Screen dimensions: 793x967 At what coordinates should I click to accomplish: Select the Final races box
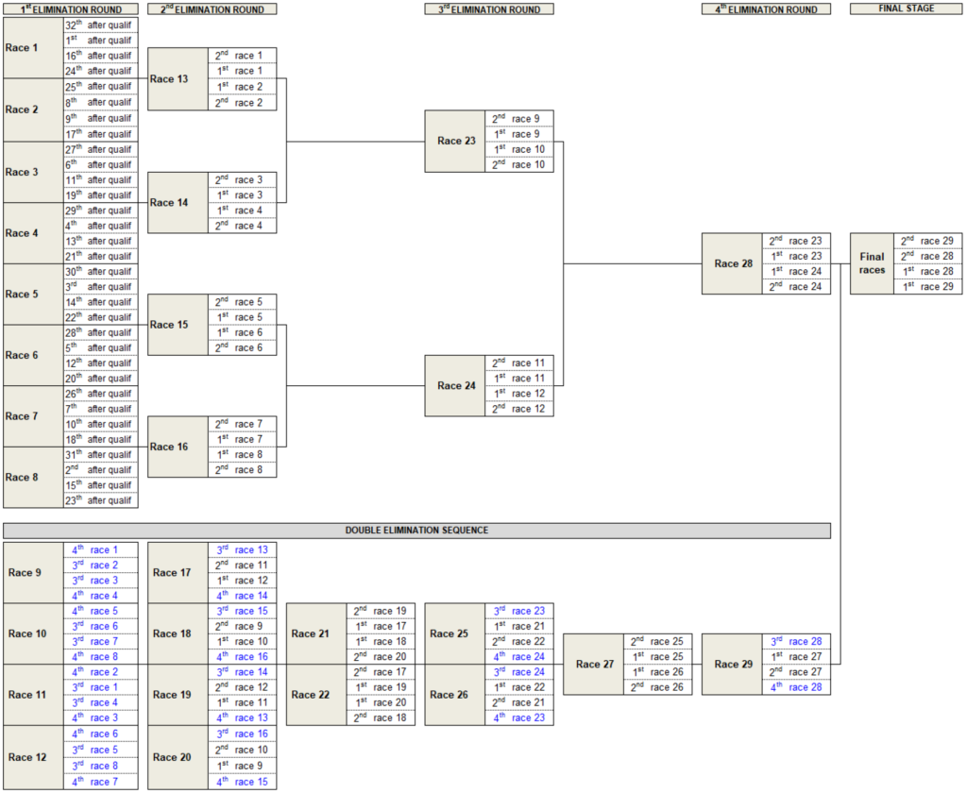point(872,263)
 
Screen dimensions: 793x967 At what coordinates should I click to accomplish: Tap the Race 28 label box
point(732,263)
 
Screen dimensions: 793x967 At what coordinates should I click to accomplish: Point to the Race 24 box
point(455,385)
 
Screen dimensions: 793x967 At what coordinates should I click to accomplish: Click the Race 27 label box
point(593,664)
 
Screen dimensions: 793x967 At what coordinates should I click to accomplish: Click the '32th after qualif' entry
point(100,25)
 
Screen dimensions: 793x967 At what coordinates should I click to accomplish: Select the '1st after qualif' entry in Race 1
point(100,40)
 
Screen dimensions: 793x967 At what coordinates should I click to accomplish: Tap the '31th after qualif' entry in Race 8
point(100,454)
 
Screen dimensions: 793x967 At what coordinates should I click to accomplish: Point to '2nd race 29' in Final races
point(927,241)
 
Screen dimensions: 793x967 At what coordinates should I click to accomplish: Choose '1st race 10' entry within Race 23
point(519,149)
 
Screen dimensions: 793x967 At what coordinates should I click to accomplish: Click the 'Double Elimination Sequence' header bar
point(416,530)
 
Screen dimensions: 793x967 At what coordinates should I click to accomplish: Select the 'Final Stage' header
point(906,8)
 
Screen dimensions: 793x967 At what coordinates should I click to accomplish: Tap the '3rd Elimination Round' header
point(489,8)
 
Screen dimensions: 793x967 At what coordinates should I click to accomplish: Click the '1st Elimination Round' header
point(71,8)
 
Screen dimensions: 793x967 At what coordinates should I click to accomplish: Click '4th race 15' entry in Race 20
point(242,781)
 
